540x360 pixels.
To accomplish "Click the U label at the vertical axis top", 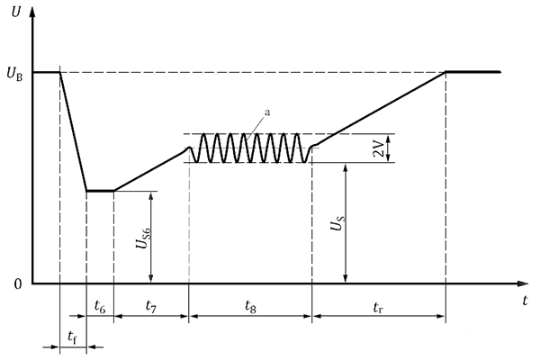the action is pyautogui.click(x=15, y=12).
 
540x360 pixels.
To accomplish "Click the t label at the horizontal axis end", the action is pyautogui.click(x=525, y=301).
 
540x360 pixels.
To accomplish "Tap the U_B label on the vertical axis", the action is pyautogui.click(x=14, y=74).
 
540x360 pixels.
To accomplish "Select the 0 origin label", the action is pyautogui.click(x=18, y=284).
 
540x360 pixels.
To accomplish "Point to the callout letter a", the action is pyautogui.click(x=267, y=112).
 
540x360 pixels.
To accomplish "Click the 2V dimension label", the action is pyautogui.click(x=379, y=148).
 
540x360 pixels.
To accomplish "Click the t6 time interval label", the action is pyautogui.click(x=100, y=306).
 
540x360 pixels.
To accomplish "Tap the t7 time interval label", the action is pyautogui.click(x=151, y=306).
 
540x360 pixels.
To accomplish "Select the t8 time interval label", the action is pyautogui.click(x=250, y=306).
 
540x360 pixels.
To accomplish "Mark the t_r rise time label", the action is pyautogui.click(x=378, y=307).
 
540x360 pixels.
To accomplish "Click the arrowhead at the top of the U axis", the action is pyautogui.click(x=32, y=12).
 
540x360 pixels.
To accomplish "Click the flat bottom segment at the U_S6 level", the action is pyautogui.click(x=100, y=191).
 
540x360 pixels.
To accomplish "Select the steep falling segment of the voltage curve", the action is pyautogui.click(x=74, y=131).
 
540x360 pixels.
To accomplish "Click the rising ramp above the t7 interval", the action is pyautogui.click(x=148, y=171).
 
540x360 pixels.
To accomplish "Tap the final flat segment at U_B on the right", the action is pyautogui.click(x=473, y=72).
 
